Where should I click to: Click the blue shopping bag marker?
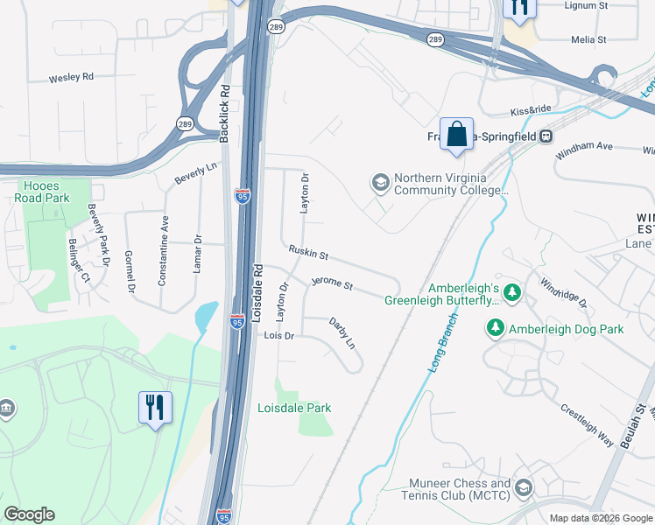[456, 135]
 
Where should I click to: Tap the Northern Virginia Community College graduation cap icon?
[380, 182]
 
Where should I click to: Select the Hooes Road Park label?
[41, 191]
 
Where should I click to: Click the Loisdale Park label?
[294, 408]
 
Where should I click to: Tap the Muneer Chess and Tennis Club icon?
[524, 487]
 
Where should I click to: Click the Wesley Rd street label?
[71, 77]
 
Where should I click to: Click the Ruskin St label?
[308, 255]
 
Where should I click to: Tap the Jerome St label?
[332, 284]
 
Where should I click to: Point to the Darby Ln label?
[342, 333]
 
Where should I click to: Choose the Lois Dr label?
[278, 335]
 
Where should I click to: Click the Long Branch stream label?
[445, 344]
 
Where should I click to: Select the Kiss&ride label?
[531, 112]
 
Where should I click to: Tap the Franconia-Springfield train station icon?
[546, 136]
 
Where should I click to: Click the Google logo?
[29, 514]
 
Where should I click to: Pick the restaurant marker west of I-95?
[155, 407]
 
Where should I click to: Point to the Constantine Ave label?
[163, 252]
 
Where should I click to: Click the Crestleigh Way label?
[587, 424]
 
